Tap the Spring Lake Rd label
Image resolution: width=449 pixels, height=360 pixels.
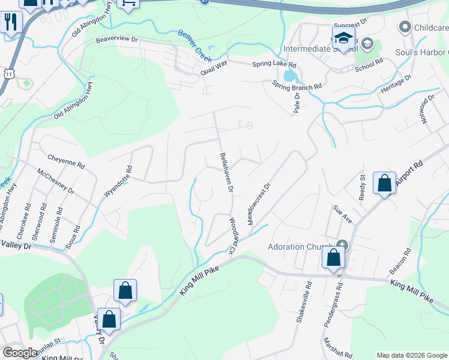274,64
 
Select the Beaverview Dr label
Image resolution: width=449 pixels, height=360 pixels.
116,40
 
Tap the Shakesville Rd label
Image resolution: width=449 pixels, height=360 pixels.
303,303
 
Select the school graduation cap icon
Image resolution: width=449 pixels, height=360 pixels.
343,38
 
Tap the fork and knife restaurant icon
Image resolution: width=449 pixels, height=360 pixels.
11,23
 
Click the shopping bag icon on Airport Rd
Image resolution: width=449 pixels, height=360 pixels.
384,183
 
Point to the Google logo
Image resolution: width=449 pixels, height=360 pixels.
20,352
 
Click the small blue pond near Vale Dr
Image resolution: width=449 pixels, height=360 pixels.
290,76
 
